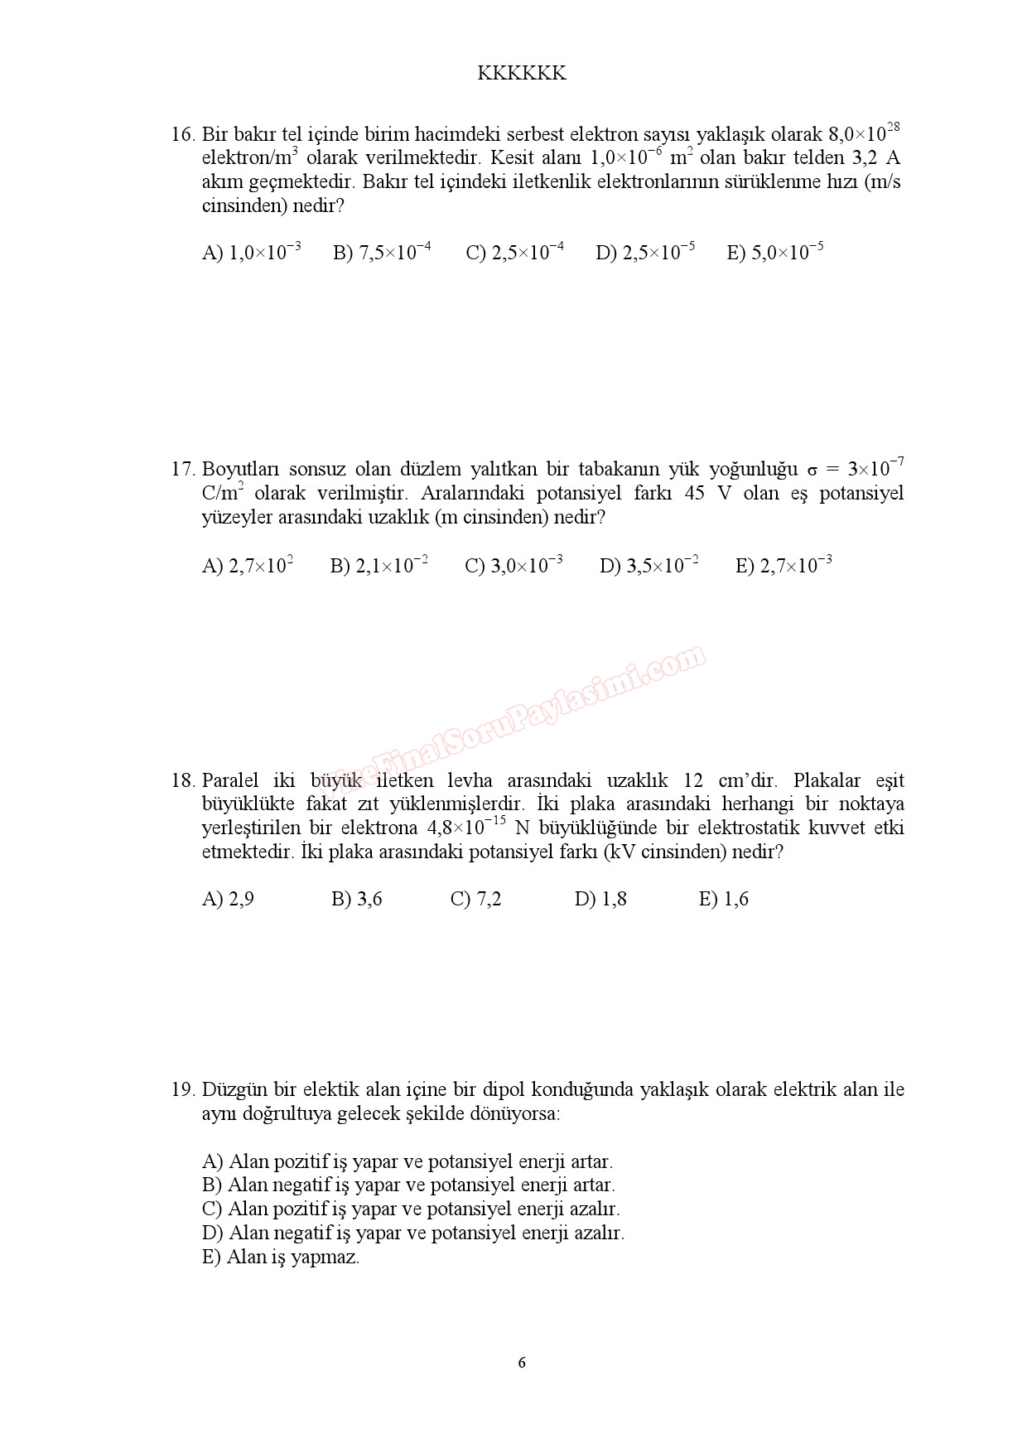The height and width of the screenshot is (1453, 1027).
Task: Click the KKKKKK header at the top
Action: tap(522, 74)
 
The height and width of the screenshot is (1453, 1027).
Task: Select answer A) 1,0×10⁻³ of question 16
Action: tap(251, 253)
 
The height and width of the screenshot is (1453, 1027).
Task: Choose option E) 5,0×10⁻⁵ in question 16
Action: tap(775, 253)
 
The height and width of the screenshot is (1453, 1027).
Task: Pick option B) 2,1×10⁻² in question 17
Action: tap(378, 566)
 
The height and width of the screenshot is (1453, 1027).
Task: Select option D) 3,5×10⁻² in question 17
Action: tap(649, 566)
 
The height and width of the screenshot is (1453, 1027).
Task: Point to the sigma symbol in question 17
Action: tap(812, 471)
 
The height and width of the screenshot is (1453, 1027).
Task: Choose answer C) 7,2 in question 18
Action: tap(475, 900)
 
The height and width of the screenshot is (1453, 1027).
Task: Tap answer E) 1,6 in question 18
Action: tap(724, 900)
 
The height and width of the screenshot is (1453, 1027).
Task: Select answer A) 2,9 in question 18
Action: tap(228, 900)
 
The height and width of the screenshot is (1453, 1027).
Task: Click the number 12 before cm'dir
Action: tap(694, 781)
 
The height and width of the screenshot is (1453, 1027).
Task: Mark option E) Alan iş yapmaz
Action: tap(281, 1257)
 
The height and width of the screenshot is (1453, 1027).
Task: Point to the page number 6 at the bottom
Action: tap(522, 1363)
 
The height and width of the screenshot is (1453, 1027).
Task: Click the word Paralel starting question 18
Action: tap(231, 781)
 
